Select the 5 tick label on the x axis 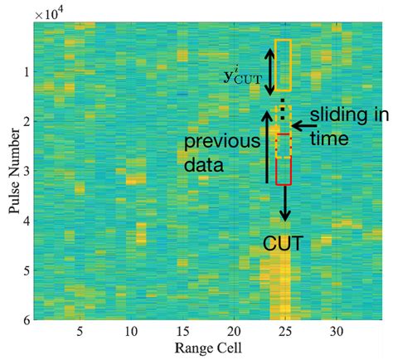(x=80, y=329)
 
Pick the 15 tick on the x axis (x=182, y=329)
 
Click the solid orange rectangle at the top (x=284, y=64)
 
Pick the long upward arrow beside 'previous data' (x=265, y=149)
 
